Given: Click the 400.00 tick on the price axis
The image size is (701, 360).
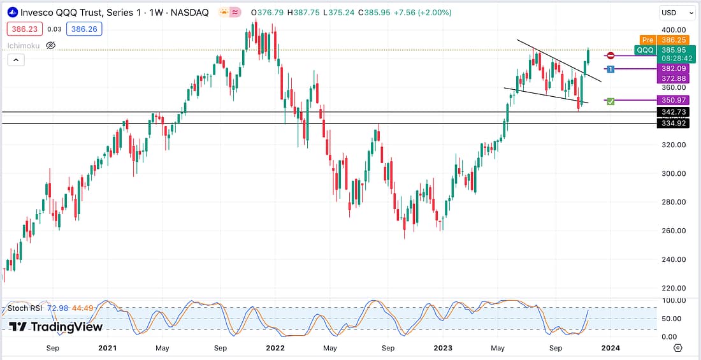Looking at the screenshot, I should tap(673, 30).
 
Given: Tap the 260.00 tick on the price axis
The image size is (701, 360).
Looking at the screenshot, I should tap(673, 231).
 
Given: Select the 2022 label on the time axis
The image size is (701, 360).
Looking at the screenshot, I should tap(275, 349).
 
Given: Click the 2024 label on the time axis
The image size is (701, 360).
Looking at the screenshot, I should tap(610, 349).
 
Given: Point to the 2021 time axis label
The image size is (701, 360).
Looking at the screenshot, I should tap(108, 349).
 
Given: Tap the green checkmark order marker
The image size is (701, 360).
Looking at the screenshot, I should tap(611, 101).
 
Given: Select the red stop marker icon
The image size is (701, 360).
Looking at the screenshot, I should tap(611, 56).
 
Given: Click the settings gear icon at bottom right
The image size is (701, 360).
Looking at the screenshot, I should tap(677, 349).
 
